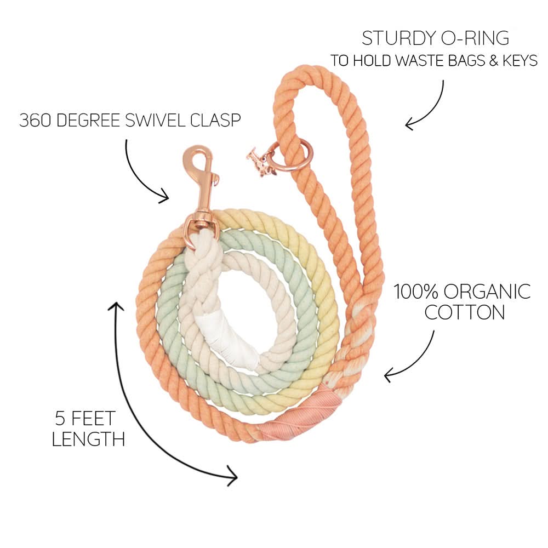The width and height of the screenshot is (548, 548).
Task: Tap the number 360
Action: coord(34,121)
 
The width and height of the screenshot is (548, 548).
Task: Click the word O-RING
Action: coord(477,38)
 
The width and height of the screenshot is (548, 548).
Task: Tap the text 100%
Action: coord(415,292)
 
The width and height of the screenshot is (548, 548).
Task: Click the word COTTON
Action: coord(465,312)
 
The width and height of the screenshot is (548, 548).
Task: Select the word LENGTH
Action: coord(88,439)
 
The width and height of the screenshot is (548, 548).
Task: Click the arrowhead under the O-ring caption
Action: coord(409,125)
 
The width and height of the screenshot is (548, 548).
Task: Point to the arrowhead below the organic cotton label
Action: coord(389,376)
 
